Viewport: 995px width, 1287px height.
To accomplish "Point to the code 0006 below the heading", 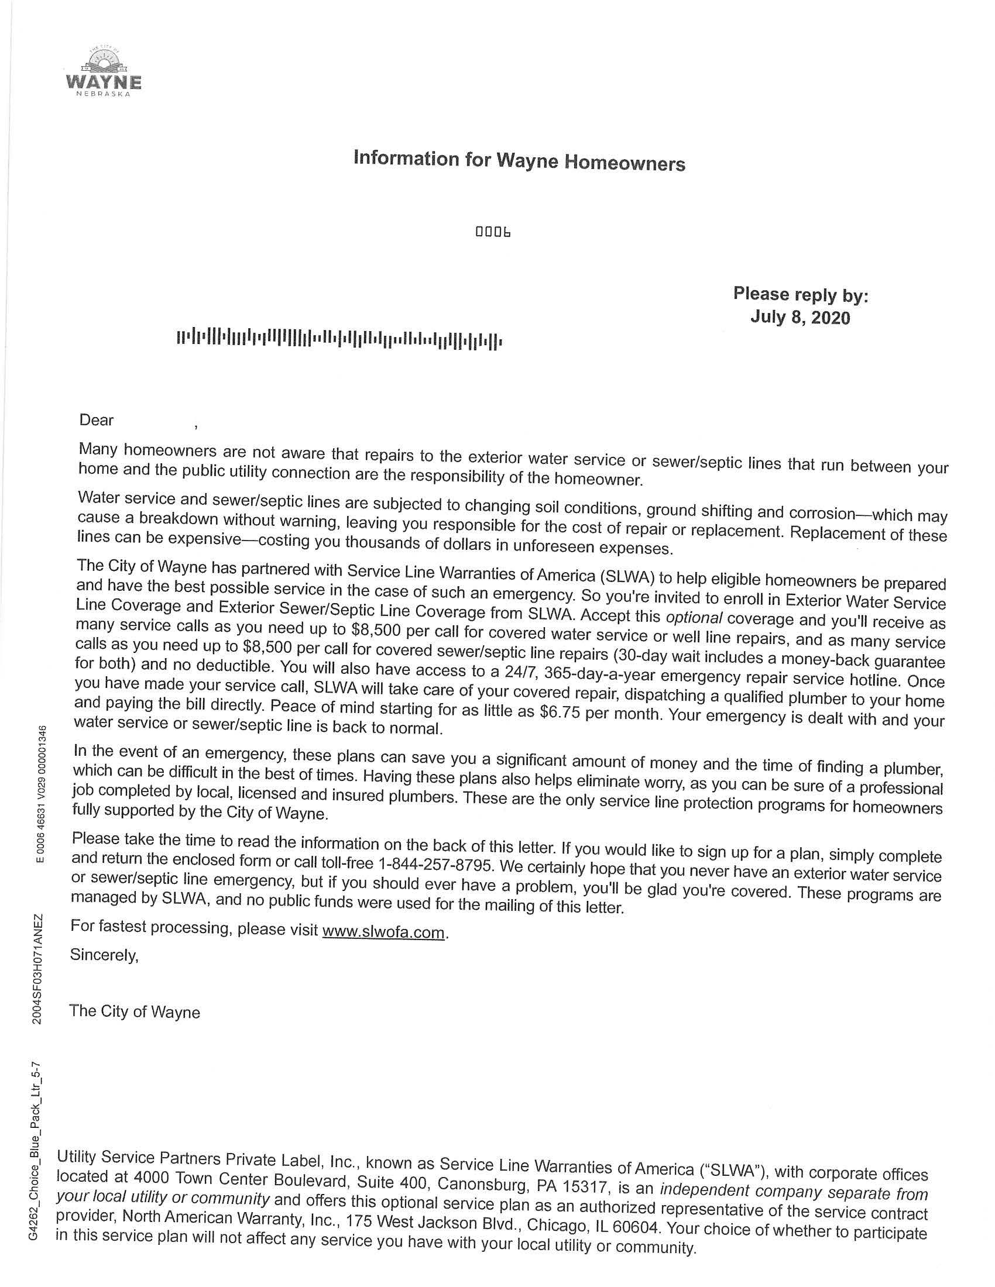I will click(493, 232).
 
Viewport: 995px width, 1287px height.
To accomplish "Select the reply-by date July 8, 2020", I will click(800, 318).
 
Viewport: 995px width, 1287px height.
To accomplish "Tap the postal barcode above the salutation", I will click(339, 339).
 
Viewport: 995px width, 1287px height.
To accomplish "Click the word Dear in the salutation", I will click(96, 419).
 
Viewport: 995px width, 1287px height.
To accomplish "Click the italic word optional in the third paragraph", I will click(693, 618).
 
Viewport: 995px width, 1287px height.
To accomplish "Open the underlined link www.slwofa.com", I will click(383, 932).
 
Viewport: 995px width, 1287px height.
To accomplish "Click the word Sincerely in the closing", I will click(104, 955).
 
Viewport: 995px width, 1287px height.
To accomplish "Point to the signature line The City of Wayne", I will click(135, 1012).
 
